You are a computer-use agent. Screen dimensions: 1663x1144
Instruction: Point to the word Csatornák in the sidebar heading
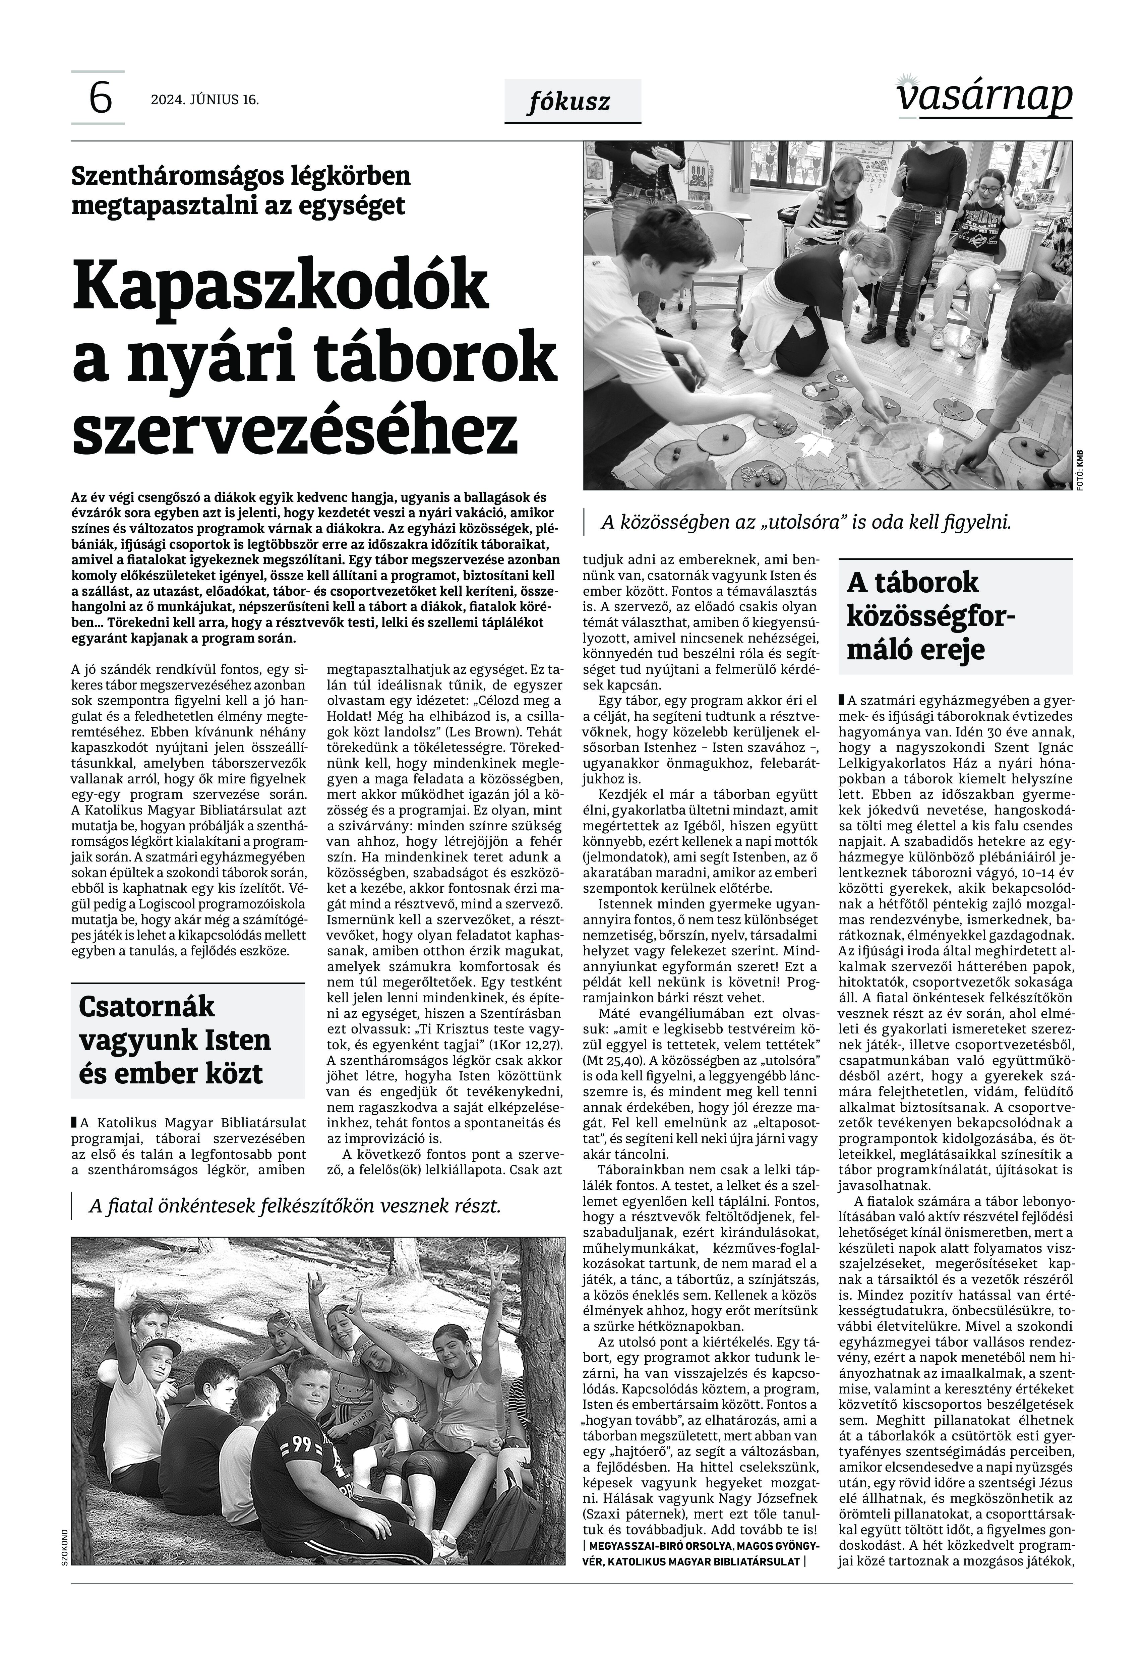146,1006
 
